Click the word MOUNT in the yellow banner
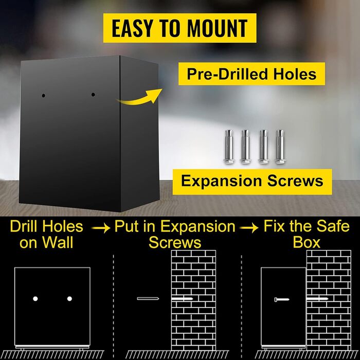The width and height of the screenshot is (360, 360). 217,28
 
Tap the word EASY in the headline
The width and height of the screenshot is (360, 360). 132,28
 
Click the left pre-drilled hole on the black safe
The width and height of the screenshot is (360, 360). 43,96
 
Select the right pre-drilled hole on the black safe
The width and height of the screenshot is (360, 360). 93,94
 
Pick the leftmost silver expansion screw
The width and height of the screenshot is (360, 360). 229,147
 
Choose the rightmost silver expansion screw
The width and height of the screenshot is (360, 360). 280,147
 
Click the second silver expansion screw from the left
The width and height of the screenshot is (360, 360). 245,147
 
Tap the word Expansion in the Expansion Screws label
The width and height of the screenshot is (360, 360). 221,181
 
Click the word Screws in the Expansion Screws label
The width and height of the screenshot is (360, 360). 295,181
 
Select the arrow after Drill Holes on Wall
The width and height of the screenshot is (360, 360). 101,228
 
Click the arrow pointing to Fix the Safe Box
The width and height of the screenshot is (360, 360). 249,228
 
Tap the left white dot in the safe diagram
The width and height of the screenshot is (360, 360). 35,299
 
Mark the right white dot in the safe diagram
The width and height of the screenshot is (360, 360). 69,299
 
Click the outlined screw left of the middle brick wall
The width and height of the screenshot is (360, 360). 148,298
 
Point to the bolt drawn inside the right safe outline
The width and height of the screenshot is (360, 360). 282,299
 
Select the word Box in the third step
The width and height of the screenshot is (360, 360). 307,242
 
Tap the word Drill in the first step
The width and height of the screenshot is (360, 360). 24,226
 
